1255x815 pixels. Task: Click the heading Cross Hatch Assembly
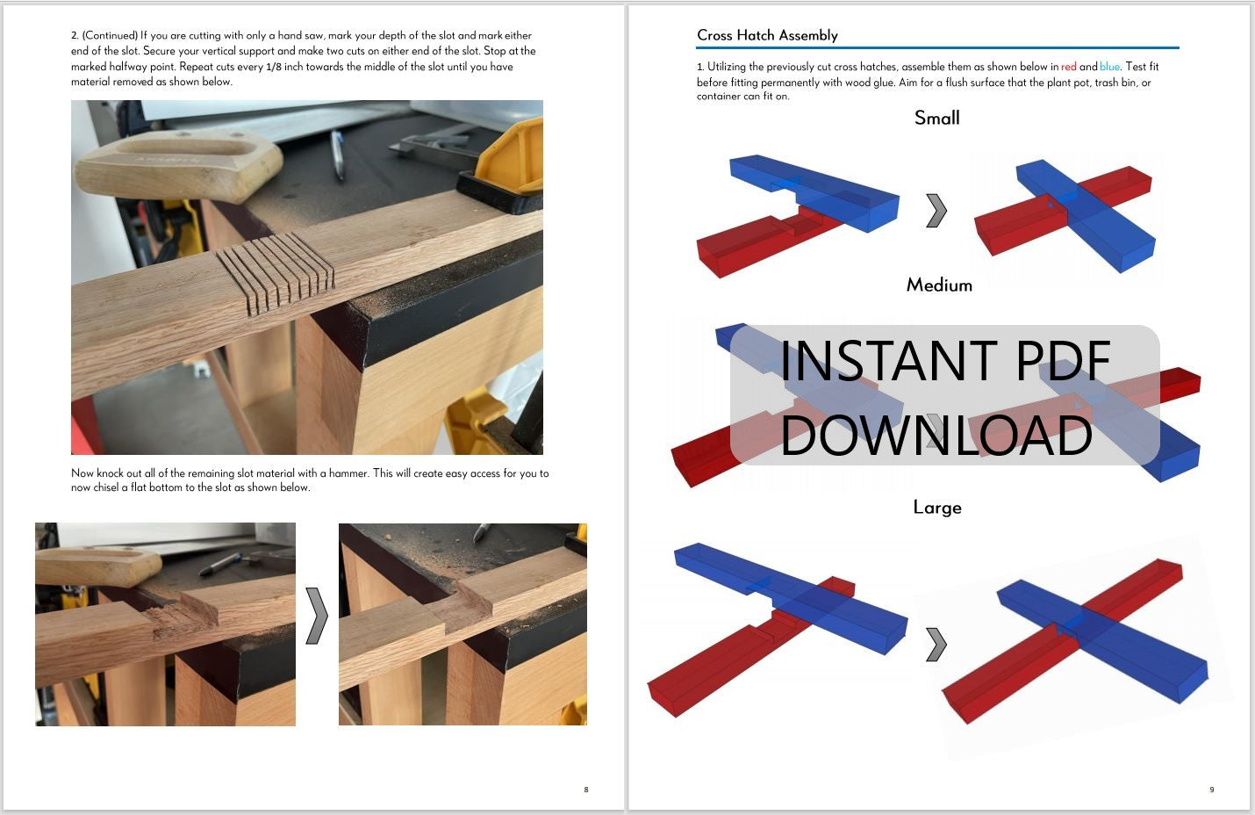(767, 35)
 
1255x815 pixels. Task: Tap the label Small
(936, 118)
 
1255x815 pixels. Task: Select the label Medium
(939, 285)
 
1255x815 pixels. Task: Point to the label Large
(937, 508)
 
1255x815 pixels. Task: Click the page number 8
(586, 790)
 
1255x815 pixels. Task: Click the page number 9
(1211, 790)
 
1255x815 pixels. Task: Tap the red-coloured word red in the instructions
(1068, 67)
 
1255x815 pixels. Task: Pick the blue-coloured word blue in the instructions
(1109, 67)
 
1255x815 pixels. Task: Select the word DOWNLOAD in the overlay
(936, 435)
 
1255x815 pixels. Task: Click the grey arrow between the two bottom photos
(317, 616)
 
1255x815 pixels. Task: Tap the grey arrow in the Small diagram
(936, 211)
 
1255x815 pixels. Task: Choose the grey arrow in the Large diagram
(936, 645)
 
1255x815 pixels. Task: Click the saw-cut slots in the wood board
(275, 273)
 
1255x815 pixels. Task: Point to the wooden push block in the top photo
(178, 165)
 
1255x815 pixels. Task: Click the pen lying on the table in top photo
(337, 155)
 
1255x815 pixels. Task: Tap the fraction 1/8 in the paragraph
(273, 67)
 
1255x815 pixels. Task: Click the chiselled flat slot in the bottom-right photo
(453, 610)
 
